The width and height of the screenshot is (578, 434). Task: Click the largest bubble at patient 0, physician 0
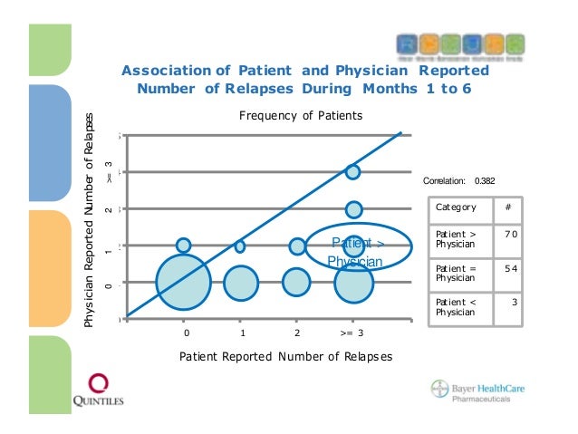click(x=184, y=282)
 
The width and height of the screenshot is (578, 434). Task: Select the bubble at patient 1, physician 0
click(x=240, y=282)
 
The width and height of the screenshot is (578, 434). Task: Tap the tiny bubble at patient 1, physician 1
click(x=240, y=246)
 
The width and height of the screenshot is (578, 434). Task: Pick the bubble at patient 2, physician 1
click(x=297, y=246)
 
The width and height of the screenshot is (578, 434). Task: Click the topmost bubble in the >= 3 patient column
click(x=353, y=171)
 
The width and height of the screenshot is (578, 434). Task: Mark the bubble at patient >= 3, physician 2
click(x=353, y=209)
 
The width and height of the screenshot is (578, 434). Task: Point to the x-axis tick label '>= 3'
click(x=353, y=333)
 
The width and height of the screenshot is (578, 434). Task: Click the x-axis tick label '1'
click(x=240, y=333)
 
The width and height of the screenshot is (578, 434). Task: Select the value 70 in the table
click(x=511, y=234)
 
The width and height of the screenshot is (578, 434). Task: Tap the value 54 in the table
click(x=511, y=269)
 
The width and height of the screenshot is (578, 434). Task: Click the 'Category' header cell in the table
click(x=456, y=207)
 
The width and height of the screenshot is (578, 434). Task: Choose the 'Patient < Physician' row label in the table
click(x=456, y=306)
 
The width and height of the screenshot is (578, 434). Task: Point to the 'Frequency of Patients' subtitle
click(x=300, y=116)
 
